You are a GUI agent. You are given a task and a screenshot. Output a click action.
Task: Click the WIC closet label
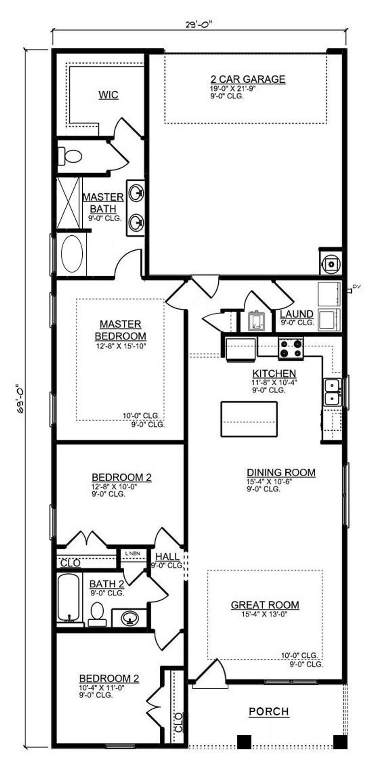(108, 95)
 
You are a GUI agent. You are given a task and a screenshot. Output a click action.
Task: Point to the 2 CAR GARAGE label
(248, 79)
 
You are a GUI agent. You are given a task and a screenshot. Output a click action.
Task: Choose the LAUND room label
(297, 314)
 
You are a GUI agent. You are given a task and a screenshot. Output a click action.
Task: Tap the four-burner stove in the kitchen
(291, 348)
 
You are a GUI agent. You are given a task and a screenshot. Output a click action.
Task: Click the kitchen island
(249, 419)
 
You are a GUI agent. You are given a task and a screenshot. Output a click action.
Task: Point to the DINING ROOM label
(281, 472)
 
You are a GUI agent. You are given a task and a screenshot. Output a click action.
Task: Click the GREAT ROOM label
(265, 605)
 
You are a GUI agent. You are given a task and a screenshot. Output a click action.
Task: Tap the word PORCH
(269, 712)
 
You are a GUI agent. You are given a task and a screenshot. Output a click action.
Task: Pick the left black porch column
(244, 741)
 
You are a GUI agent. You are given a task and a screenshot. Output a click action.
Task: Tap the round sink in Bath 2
(128, 618)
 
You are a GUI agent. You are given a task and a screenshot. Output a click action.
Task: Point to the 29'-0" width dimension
(199, 24)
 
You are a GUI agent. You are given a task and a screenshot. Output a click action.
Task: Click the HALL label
(167, 557)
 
